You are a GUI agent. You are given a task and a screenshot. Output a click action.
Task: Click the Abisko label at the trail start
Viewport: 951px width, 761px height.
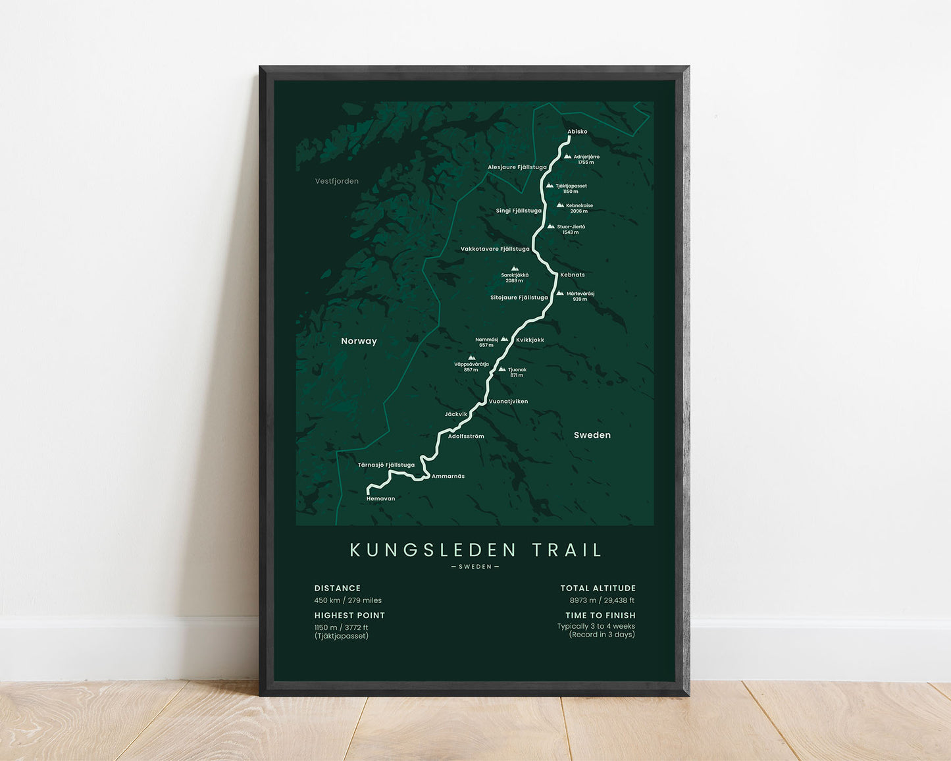click(577, 132)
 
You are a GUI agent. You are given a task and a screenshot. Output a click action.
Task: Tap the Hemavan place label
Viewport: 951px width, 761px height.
click(380, 499)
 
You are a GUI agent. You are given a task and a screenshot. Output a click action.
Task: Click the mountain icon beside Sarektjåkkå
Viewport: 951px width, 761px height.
click(515, 269)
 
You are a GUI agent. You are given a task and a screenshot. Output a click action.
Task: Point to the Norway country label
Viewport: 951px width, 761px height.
click(359, 341)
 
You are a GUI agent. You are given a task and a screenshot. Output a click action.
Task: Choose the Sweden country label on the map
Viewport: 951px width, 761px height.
click(592, 435)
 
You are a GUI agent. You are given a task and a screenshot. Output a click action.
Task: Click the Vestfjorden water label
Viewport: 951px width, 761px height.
click(336, 181)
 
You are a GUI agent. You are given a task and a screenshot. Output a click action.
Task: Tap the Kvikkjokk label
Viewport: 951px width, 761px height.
click(530, 340)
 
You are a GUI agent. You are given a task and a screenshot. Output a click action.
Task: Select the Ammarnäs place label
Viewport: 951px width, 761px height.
click(448, 477)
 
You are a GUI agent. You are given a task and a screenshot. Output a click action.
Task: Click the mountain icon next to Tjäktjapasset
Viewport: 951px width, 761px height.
click(550, 186)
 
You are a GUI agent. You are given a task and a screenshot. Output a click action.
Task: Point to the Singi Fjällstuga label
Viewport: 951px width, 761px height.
click(519, 211)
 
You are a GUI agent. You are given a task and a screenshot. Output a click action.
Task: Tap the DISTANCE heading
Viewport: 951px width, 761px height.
click(337, 589)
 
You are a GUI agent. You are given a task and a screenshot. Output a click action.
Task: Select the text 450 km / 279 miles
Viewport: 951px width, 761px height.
click(347, 600)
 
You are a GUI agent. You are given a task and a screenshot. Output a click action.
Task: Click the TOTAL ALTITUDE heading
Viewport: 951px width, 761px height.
click(598, 589)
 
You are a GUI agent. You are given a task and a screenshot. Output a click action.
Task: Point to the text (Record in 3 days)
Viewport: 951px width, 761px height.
click(602, 635)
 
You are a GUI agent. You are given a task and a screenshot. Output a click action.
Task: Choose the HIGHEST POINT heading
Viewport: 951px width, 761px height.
click(349, 616)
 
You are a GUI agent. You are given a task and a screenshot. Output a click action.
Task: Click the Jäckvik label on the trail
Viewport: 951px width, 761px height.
click(455, 415)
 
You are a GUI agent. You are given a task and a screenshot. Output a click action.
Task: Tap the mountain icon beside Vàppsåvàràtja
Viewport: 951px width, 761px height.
click(471, 357)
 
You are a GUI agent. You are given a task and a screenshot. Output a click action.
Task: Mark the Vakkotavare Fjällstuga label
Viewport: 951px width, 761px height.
click(495, 249)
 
